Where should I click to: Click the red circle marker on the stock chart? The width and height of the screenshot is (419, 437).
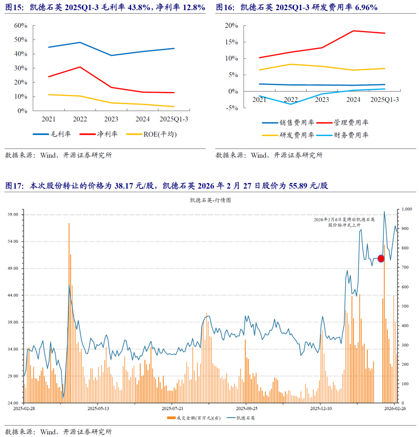pos(381,258)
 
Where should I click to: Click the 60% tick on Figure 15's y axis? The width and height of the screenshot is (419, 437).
pos(21,26)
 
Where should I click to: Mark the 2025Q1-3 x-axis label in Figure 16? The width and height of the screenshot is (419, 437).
pos(384,100)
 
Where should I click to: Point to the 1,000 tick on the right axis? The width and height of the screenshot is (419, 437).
pos(407,209)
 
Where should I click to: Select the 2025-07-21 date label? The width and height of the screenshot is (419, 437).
pos(172,408)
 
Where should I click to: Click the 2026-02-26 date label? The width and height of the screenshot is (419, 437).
pos(395,408)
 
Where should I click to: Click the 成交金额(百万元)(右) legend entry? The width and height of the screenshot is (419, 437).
pos(194,418)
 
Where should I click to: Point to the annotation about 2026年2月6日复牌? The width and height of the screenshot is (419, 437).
pos(345,222)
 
